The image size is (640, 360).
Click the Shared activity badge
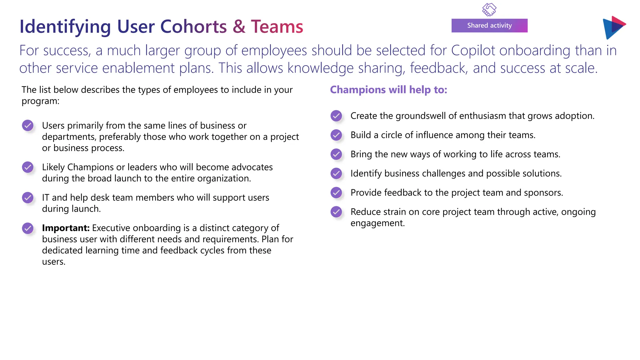click(x=489, y=26)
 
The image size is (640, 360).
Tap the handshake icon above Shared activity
click(x=489, y=9)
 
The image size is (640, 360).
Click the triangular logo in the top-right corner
click(x=613, y=27)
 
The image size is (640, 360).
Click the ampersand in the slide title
click(x=239, y=27)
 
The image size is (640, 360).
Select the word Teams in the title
click(x=277, y=27)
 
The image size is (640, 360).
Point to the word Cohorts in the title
click(x=193, y=27)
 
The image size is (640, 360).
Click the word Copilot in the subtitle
click(x=473, y=51)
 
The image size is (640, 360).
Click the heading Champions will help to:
click(x=388, y=90)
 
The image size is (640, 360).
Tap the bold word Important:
click(x=66, y=228)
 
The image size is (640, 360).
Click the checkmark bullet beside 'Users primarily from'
click(x=28, y=126)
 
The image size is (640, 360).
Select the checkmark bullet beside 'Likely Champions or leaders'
click(x=28, y=167)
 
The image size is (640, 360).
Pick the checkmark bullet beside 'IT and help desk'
click(x=28, y=197)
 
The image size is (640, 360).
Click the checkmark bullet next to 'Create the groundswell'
click(x=336, y=116)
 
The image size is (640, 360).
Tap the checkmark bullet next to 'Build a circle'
click(x=336, y=135)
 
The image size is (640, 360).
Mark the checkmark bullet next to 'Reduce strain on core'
click(x=336, y=212)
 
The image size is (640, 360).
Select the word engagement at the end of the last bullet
click(x=377, y=223)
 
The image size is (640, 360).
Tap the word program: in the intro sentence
click(x=40, y=101)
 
